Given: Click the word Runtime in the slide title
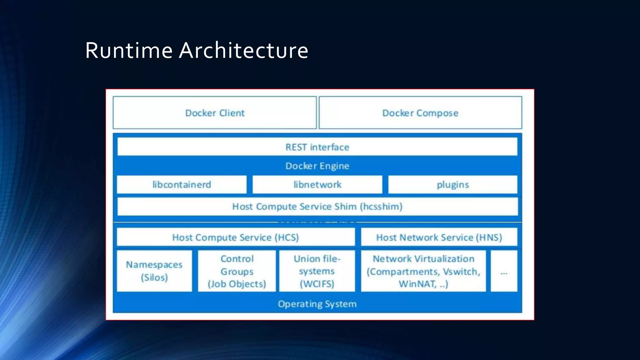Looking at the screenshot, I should pos(129,50).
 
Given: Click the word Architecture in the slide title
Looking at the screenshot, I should pos(244,50).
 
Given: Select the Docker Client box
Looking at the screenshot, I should pos(215,113).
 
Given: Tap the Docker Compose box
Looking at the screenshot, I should pos(420,113).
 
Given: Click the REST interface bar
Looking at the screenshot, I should pos(317,147).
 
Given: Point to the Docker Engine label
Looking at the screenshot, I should pos(317,166).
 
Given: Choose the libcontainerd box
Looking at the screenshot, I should pos(182,184).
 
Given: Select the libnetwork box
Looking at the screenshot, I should pos(317,184).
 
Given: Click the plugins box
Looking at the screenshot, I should pos(452,184).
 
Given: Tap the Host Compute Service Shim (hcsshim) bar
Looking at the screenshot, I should pos(317,206).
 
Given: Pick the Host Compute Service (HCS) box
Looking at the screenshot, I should pos(236,237).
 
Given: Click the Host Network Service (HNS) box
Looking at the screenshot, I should pos(439,237).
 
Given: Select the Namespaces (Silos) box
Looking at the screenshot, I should pos(154,271).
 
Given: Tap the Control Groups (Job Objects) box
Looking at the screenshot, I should pos(237,271).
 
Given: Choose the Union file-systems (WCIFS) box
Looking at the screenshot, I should pos(317,271).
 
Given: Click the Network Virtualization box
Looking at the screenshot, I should pos(423,271).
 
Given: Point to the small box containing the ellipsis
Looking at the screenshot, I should pos(504,271).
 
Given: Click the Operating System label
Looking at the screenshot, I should pos(317,304).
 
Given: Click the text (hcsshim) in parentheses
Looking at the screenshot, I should pos(381,206).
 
